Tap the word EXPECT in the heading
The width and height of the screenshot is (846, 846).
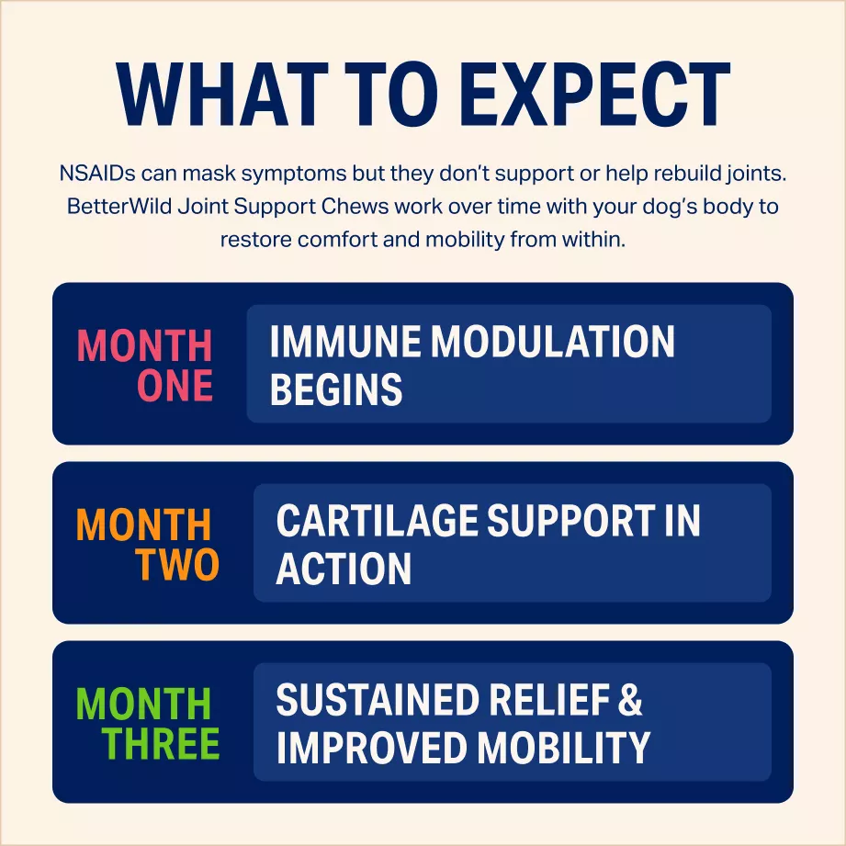594,95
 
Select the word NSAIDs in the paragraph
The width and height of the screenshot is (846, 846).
97,174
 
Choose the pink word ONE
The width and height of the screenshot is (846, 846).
175,385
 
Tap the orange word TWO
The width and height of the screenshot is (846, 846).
177,564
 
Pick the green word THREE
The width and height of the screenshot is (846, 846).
161,743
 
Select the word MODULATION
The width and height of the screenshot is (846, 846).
552,341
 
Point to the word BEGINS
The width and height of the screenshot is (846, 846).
336,389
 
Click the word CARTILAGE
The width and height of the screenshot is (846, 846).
377,520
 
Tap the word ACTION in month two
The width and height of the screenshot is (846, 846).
344,569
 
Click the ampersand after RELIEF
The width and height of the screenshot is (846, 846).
629,700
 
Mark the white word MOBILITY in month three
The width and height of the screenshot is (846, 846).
564,748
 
